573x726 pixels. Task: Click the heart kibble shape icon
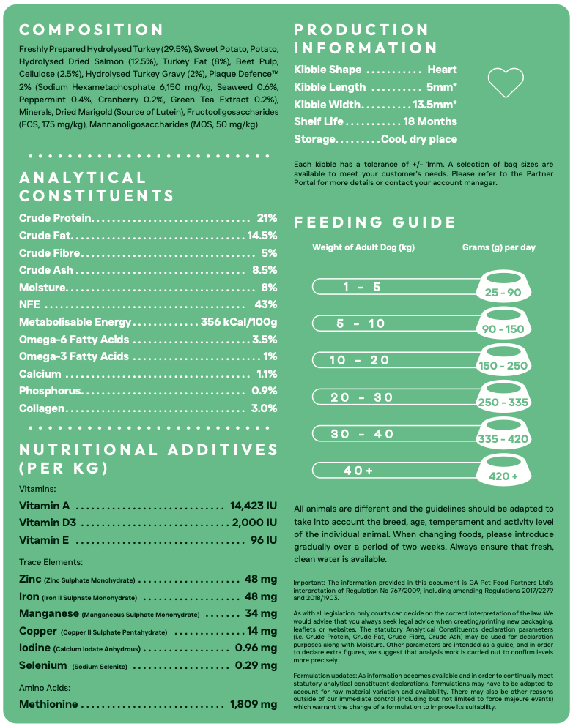click(x=506, y=82)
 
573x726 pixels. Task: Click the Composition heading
click(x=92, y=30)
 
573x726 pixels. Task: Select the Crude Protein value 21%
click(x=267, y=218)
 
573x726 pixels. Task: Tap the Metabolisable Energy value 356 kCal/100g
click(x=239, y=322)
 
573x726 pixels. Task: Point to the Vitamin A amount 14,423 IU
click(x=253, y=506)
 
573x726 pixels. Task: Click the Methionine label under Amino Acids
click(x=49, y=704)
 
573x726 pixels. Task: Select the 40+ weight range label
click(x=358, y=470)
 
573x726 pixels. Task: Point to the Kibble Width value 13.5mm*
click(x=435, y=105)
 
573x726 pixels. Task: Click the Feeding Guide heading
click(x=374, y=222)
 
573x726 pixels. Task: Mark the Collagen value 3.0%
click(x=264, y=408)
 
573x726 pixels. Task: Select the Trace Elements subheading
click(x=51, y=562)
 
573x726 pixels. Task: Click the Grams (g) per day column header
click(x=498, y=247)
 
